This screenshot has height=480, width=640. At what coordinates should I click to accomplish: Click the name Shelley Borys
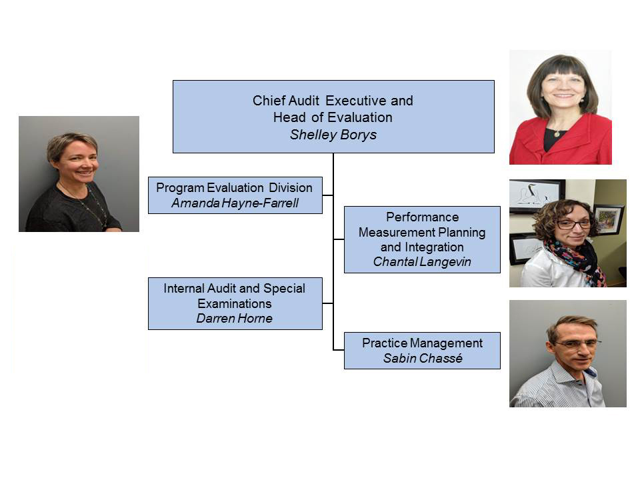[333, 134]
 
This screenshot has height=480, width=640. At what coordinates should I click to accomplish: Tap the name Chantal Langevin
[421, 262]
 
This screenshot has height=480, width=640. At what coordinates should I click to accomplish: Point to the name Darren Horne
[234, 318]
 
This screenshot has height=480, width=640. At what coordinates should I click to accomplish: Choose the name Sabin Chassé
[421, 358]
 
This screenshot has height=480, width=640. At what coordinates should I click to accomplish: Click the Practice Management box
[421, 350]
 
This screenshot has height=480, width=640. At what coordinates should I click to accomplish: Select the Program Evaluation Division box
[235, 195]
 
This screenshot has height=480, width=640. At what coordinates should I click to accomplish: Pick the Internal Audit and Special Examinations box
[235, 303]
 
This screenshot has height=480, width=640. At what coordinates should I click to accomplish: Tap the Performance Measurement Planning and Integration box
[421, 239]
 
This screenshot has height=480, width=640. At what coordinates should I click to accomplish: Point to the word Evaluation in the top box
[358, 117]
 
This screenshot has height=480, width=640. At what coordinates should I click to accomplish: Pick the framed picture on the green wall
[608, 219]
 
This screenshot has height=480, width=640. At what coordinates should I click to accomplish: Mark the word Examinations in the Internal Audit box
[234, 303]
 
